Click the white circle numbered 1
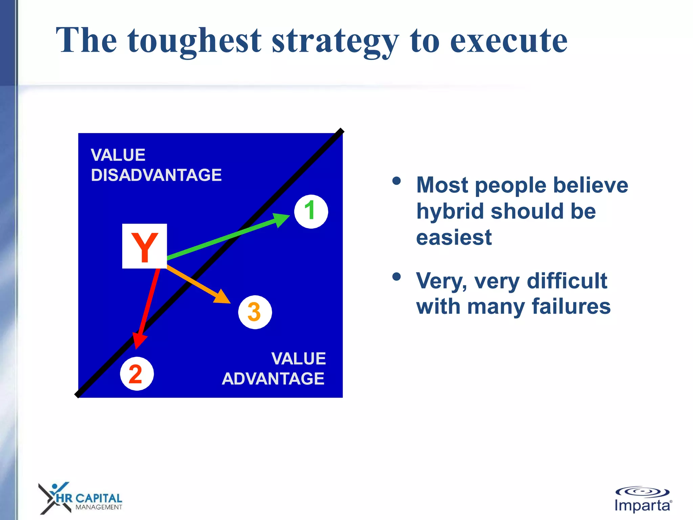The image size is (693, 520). (x=311, y=212)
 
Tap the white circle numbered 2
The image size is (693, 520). (x=137, y=374)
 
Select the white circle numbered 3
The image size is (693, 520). (x=255, y=312)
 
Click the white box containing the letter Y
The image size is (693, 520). (x=144, y=246)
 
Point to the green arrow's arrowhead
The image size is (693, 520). (x=282, y=219)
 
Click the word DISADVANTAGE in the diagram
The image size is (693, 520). (x=156, y=175)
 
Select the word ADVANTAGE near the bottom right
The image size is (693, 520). (x=273, y=378)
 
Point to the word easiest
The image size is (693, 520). (x=453, y=237)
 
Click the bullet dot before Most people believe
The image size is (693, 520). (x=396, y=181)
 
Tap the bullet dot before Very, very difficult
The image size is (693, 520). (x=396, y=277)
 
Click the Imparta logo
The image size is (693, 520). (x=642, y=500)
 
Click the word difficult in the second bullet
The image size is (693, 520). (x=567, y=281)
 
